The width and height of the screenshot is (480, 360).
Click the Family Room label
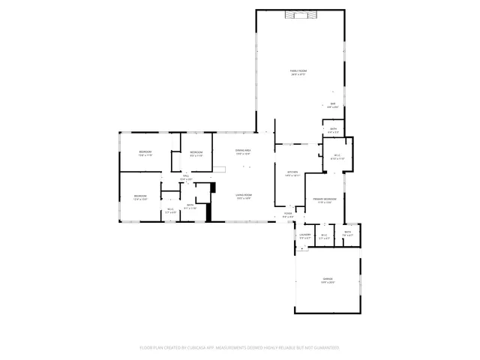298,71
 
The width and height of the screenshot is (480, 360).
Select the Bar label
333,104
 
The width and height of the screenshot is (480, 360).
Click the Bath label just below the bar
332,129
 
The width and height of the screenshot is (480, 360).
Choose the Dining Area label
242,151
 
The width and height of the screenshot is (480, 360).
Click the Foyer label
288,214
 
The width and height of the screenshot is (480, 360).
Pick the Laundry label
304,235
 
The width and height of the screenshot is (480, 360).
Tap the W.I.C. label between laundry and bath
324,235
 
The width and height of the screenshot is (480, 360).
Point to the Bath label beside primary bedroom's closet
348,232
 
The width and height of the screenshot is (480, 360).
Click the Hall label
186,177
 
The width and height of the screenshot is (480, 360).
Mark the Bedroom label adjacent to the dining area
196,154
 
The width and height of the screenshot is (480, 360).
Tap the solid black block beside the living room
211,202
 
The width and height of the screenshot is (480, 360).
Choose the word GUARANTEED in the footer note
324,348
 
